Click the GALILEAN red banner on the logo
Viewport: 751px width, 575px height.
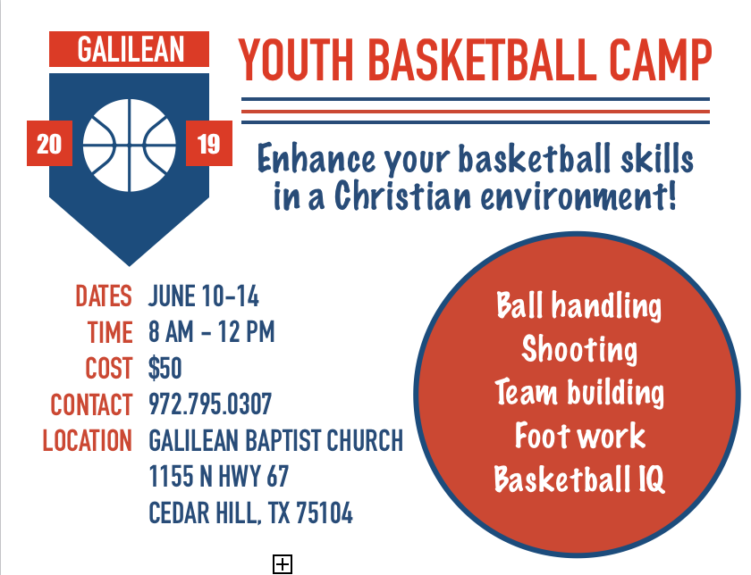[130, 49]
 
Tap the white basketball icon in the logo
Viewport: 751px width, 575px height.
[130, 145]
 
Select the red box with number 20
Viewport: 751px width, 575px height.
[49, 144]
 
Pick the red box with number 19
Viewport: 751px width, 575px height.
[209, 144]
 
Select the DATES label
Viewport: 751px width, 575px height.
[103, 296]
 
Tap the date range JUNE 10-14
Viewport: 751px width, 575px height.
[204, 296]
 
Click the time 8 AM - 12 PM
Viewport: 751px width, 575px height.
[212, 333]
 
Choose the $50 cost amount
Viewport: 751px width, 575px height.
[165, 369]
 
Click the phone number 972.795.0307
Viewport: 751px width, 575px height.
[210, 404]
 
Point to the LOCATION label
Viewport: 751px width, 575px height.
[88, 441]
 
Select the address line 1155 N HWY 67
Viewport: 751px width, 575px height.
[219, 477]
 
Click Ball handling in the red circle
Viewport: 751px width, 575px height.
[579, 306]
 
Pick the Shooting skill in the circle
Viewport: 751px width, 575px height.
[579, 349]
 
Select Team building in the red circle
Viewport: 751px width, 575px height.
[579, 393]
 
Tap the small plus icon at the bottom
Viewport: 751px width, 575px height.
[283, 563]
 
